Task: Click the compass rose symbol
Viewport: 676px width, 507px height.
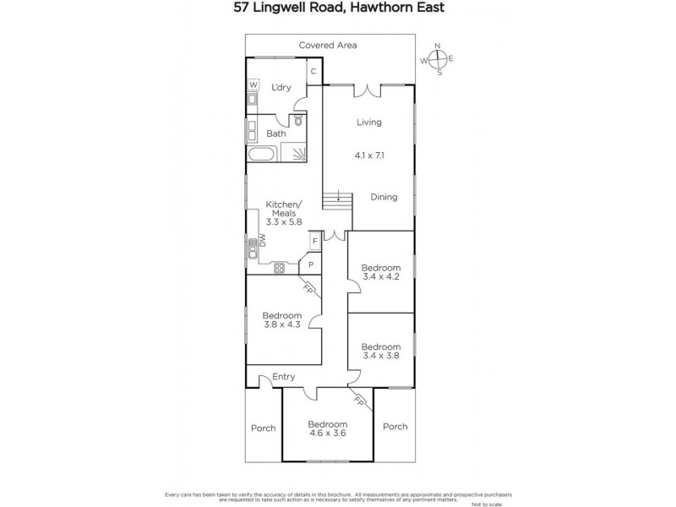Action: point(438,59)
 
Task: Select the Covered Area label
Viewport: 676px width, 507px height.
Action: point(328,45)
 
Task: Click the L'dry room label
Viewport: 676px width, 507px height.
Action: point(281,87)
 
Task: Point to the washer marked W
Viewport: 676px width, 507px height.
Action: point(253,84)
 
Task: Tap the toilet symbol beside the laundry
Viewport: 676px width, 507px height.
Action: point(298,122)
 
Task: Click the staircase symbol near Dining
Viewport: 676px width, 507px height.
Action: point(337,203)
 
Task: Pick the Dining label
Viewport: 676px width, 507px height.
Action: point(384,197)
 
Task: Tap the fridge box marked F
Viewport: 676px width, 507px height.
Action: point(314,242)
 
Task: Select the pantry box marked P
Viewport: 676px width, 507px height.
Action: point(311,264)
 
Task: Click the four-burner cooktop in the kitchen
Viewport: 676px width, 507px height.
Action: point(280,268)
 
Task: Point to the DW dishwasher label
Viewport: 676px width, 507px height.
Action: point(263,240)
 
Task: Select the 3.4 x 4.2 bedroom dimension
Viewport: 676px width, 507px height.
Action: point(380,277)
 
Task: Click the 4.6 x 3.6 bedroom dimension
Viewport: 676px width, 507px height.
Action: point(327,434)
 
